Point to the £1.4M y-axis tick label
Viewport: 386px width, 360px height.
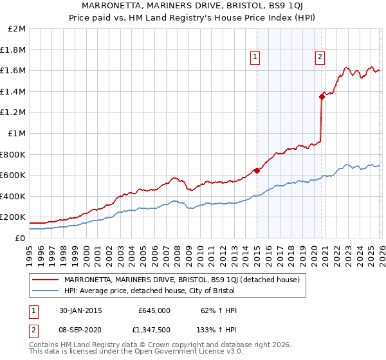point(14,91)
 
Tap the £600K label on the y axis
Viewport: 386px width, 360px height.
point(14,175)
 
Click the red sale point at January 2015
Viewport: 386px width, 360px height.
point(257,170)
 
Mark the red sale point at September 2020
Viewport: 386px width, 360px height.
point(321,97)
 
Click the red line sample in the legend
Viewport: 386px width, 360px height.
point(46,280)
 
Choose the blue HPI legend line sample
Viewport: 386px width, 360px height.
point(46,291)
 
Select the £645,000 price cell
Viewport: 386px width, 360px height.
point(154,310)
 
